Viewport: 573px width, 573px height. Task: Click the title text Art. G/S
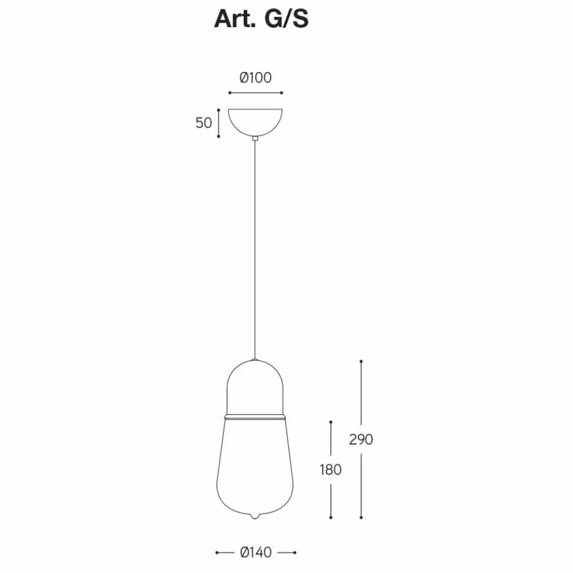[261, 19]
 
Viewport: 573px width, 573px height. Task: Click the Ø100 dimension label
[255, 78]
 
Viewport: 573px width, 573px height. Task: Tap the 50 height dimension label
[204, 123]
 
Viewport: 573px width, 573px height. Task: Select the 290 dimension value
[361, 439]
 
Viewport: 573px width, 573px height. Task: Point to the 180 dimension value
[330, 469]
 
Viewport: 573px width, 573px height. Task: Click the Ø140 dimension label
[256, 552]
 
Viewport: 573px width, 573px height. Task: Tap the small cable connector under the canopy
[255, 138]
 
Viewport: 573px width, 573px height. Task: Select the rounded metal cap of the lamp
[255, 387]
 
